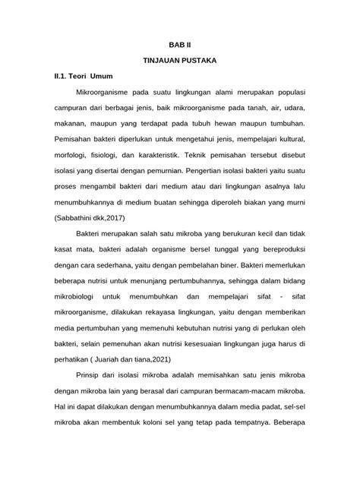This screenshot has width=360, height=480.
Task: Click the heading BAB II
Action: click(179, 46)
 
